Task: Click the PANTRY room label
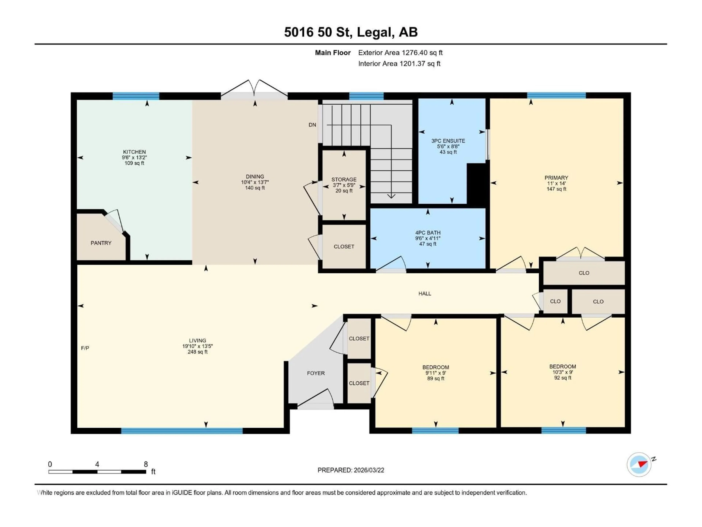(x=101, y=243)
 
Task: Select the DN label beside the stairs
(x=312, y=125)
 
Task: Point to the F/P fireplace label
(x=85, y=348)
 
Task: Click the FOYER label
(x=316, y=373)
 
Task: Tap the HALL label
(x=425, y=294)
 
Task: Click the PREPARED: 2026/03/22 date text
(x=351, y=470)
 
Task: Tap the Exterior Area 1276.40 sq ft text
(x=400, y=53)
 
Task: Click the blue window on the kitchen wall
(x=136, y=96)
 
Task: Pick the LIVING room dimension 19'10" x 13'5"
(x=197, y=346)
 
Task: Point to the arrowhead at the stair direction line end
(x=391, y=196)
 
